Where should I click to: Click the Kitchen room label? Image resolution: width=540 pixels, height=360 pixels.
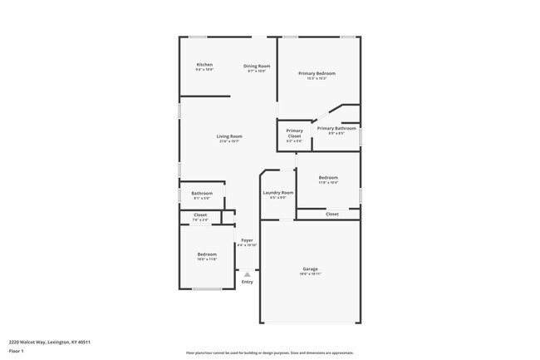coord(204,65)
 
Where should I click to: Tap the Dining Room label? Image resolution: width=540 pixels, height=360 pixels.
coord(257,66)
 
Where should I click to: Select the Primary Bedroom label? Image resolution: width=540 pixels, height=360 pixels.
coord(317,73)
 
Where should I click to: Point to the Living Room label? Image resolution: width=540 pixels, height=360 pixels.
coord(229,136)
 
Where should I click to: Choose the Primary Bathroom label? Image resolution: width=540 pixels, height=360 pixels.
coord(336,128)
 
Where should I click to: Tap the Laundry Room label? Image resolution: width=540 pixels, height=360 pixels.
coord(278,193)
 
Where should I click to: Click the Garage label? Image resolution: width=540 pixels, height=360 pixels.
coord(311,269)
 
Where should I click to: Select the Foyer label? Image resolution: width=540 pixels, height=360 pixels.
coord(247,240)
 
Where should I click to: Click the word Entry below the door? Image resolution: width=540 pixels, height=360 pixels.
coord(247,282)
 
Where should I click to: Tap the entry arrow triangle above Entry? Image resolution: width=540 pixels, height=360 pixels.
coord(247,274)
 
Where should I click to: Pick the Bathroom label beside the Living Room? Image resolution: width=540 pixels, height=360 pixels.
coord(202,194)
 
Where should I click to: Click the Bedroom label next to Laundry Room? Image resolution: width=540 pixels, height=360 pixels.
coord(328,177)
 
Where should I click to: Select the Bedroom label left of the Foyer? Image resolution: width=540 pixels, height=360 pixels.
coord(207,254)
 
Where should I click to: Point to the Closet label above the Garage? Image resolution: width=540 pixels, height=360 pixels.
coord(331,214)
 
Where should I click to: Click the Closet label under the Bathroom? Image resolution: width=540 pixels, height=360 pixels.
coord(200,215)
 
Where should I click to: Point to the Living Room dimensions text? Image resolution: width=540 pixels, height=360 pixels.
coord(229,141)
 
